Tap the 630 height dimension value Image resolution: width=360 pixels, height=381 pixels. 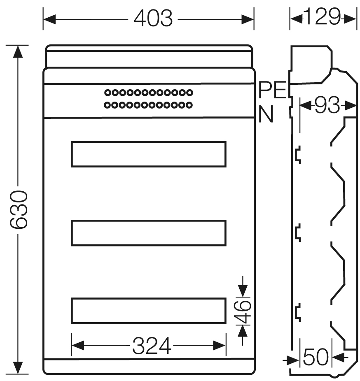pos(19,210)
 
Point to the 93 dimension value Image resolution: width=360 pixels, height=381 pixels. pos(327,105)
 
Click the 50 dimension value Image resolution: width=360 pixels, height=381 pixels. pos(316,357)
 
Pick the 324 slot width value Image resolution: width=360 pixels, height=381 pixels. pos(152,346)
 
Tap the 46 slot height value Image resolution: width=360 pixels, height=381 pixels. pos(242,312)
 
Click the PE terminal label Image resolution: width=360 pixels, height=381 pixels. pos(273,90)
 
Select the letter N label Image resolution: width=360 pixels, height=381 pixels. pos(266,114)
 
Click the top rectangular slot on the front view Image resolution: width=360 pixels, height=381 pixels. pos(149,154)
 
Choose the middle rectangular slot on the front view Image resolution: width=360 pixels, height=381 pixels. pos(149,233)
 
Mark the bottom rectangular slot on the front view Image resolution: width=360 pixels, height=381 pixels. pos(149,311)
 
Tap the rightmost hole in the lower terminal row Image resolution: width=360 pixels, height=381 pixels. pos(189,105)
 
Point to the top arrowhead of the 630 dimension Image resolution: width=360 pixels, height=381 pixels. pos(18,51)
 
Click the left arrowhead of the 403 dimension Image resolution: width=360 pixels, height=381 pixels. pos(49,19)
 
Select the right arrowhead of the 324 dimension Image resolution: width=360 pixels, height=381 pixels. pos(220,345)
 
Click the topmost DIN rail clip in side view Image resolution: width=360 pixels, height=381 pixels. pos(298,155)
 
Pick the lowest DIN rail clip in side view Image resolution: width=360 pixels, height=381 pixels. pos(298,312)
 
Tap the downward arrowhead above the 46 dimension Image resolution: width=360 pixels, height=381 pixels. pos(243,291)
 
